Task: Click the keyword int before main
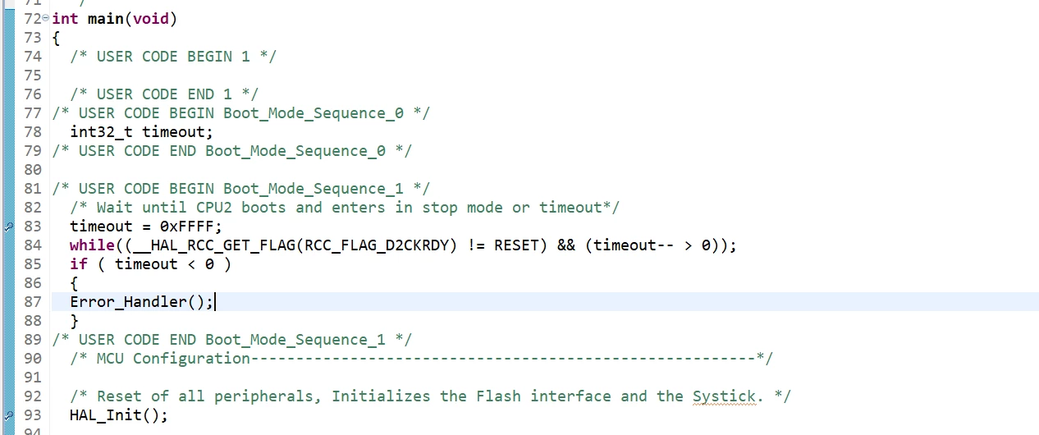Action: pos(65,19)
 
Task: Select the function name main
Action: pos(106,19)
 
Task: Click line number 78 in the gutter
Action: pos(33,132)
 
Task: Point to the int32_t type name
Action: pos(101,132)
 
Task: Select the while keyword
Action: pos(92,245)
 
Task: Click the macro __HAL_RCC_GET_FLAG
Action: pos(214,245)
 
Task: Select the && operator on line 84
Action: pos(566,245)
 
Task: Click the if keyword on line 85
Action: pos(79,264)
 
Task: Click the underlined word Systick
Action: pos(724,396)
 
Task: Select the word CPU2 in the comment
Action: pos(214,208)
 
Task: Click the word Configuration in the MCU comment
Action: pos(191,359)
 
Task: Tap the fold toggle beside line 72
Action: pos(45,17)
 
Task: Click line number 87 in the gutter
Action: pos(33,302)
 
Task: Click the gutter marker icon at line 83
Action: pos(9,227)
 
